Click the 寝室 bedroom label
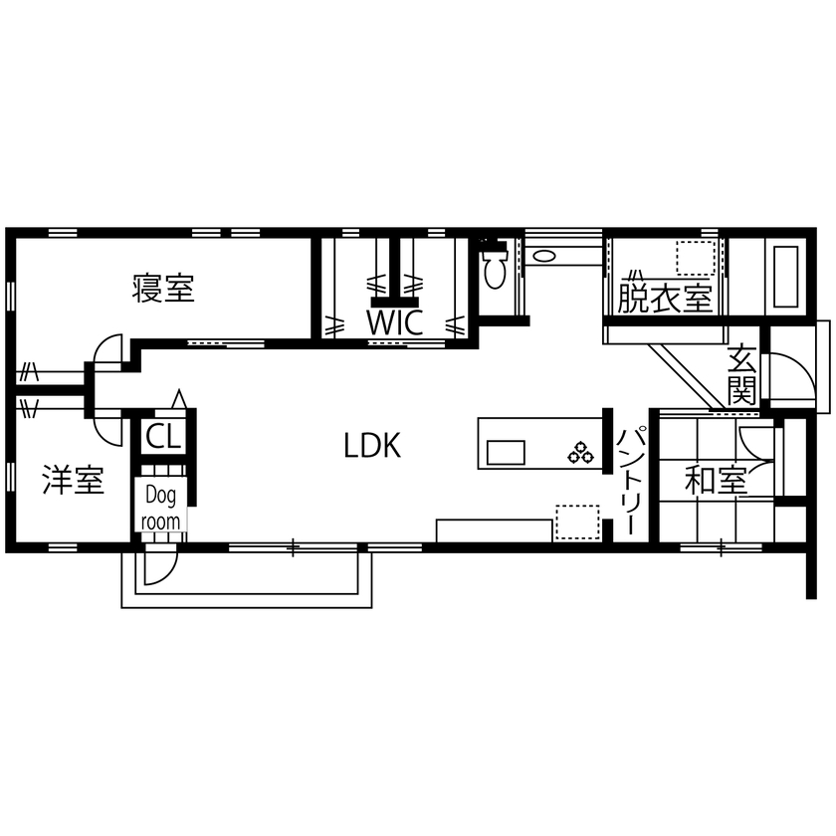(x=163, y=289)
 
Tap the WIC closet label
(x=395, y=321)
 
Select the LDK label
(x=372, y=446)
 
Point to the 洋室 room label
(x=73, y=481)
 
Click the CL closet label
(x=161, y=436)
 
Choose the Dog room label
(x=160, y=508)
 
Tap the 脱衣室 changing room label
(x=665, y=298)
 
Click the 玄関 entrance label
(x=741, y=373)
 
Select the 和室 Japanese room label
(x=716, y=482)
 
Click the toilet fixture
(x=496, y=267)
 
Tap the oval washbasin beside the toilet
(x=543, y=256)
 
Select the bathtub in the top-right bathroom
(x=783, y=274)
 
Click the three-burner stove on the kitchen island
(x=580, y=454)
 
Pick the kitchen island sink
(x=506, y=452)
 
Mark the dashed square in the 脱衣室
(x=696, y=257)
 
